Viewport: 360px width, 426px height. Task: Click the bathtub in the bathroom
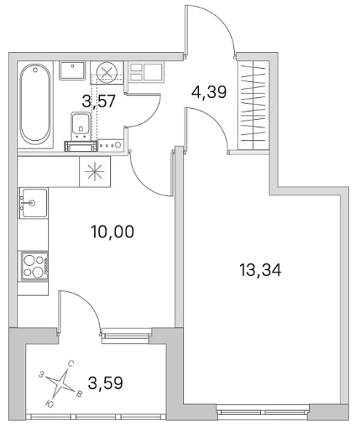tap(35, 104)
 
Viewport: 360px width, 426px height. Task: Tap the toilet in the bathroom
tap(81, 126)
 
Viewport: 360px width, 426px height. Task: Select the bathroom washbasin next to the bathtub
tap(72, 71)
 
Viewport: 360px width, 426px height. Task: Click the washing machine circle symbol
tap(106, 72)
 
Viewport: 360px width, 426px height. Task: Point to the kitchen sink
tap(33, 203)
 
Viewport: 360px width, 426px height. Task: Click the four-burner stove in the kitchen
tap(34, 266)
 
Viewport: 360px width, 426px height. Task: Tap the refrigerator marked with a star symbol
tap(95, 172)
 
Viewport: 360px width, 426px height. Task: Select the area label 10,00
tap(112, 232)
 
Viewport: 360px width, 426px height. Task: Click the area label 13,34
tap(260, 270)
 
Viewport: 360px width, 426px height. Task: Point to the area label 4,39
tap(209, 91)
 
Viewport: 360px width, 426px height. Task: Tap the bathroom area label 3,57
tap(99, 101)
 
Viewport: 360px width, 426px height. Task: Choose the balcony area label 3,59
tap(106, 383)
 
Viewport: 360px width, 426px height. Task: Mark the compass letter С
tap(70, 364)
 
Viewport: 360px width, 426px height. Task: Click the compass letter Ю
tap(50, 403)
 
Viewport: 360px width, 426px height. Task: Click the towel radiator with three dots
tap(111, 145)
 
